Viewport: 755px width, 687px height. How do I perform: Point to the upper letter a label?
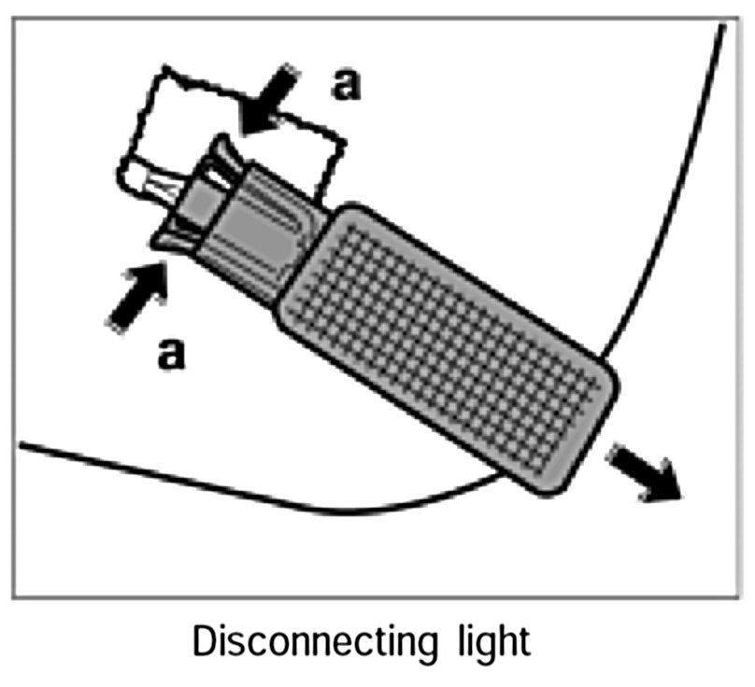click(346, 84)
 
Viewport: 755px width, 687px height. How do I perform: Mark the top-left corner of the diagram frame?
click(14, 16)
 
